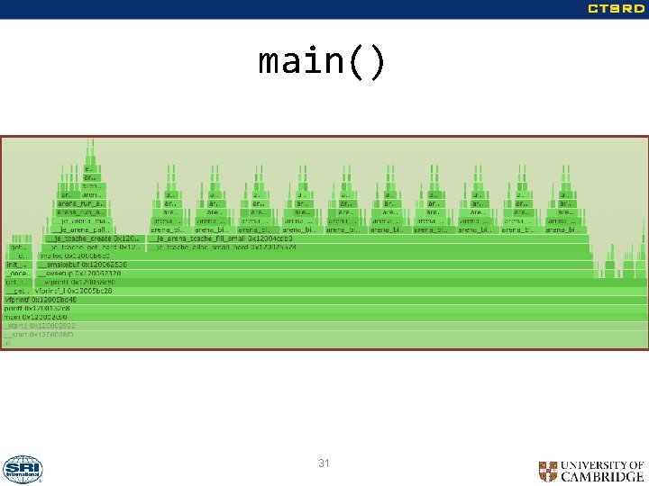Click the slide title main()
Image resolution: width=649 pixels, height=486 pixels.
tap(322, 62)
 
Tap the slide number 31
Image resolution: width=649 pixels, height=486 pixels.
tap(324, 463)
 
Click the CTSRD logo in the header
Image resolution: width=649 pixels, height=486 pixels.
tap(616, 9)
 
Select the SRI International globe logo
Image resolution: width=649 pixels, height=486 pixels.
tap(23, 469)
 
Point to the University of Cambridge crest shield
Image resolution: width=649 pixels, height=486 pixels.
tap(547, 471)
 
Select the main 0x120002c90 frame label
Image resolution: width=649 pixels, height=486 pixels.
tap(36, 317)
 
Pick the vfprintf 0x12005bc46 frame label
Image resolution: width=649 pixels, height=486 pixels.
tap(41, 300)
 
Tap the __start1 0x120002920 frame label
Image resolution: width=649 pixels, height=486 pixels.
tap(40, 326)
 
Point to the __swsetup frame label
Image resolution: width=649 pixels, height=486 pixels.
tap(82, 274)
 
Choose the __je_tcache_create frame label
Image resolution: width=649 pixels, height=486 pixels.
tap(94, 238)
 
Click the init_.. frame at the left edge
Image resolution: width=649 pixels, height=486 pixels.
tap(17, 265)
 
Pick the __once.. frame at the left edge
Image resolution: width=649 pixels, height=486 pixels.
tap(17, 274)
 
